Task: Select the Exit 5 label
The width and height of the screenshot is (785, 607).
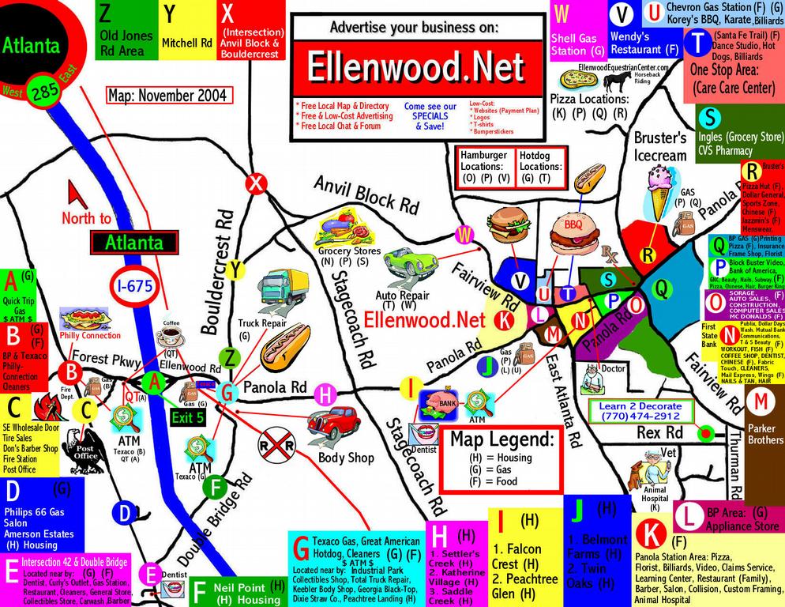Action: [x=189, y=416]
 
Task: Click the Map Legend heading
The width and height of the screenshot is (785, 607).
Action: [x=501, y=438]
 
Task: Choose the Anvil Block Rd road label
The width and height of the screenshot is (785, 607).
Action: [x=365, y=194]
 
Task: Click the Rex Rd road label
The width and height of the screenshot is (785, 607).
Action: [x=659, y=433]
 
